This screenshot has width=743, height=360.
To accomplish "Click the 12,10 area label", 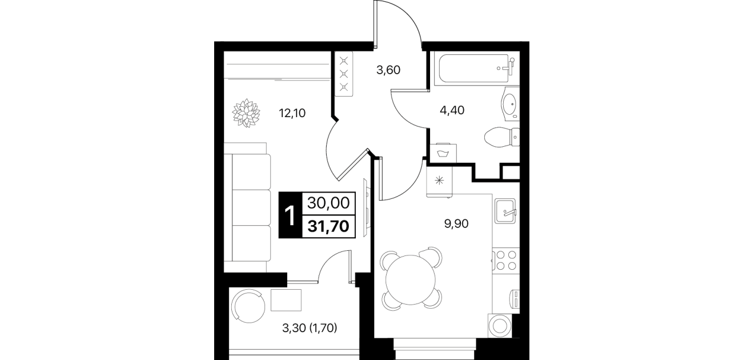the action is point(292,114).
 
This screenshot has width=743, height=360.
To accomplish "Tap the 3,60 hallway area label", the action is point(388,70).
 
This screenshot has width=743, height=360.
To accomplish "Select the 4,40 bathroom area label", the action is point(452,110).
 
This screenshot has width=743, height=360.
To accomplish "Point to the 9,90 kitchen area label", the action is point(456,224).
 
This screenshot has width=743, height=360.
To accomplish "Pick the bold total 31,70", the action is point(328,227).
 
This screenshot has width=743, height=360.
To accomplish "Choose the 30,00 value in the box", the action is point(328,203).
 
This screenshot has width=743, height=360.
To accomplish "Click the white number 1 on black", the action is point(290,215).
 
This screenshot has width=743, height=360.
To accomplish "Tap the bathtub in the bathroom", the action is point(474,69).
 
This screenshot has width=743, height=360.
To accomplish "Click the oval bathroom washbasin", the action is point(510,103).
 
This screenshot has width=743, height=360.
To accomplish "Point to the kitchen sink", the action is point(505,211).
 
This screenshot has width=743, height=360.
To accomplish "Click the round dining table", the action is point(411,279).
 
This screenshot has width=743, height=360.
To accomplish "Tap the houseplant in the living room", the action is point(246,113).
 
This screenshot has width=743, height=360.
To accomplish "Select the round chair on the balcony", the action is point(248,306).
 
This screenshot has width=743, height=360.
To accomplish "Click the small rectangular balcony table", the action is point(286,300).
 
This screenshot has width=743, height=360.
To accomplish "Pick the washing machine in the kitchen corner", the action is point(500,326).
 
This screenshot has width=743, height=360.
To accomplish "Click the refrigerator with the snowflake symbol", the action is point(440,182).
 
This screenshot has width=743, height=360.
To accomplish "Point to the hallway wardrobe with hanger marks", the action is point(344,74).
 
